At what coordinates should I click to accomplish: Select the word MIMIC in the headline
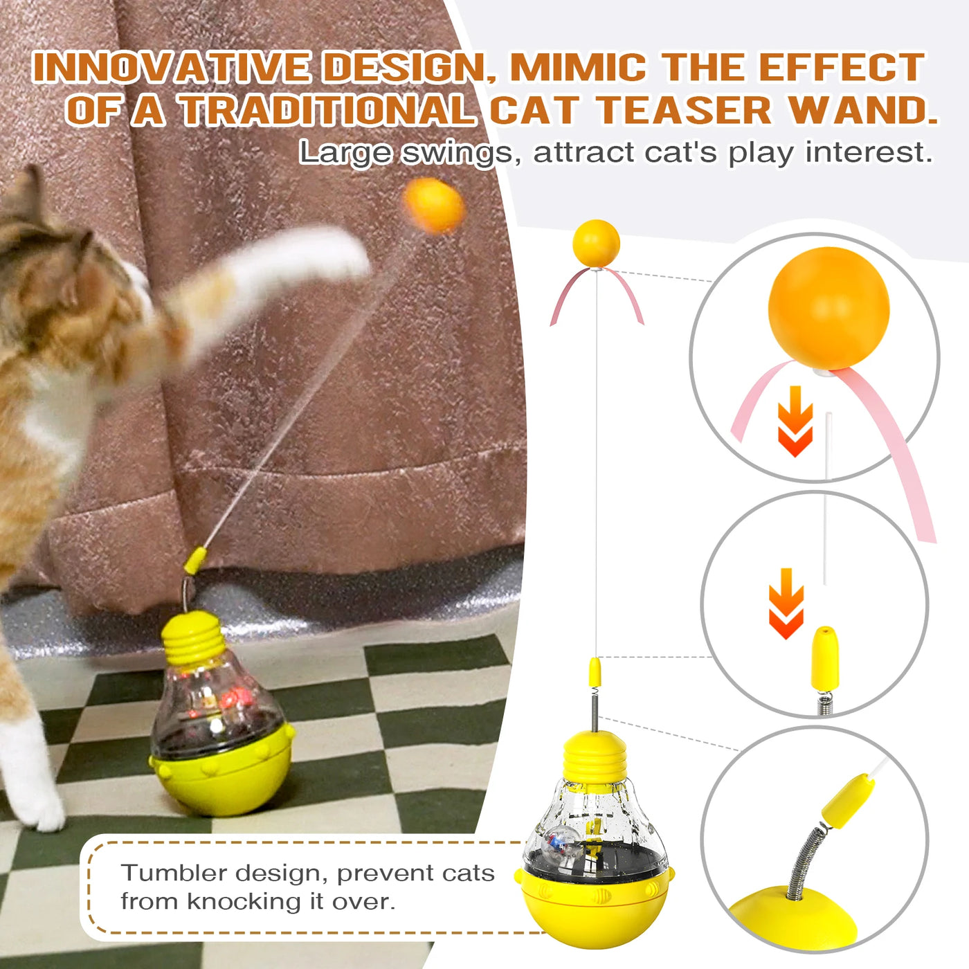tap(578, 68)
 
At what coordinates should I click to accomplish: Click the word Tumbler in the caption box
tap(174, 873)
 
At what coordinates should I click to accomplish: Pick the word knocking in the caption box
tap(251, 901)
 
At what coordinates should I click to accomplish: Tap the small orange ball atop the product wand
tap(596, 243)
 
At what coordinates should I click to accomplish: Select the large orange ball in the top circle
tap(828, 308)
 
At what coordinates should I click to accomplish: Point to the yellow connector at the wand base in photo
tap(195, 561)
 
